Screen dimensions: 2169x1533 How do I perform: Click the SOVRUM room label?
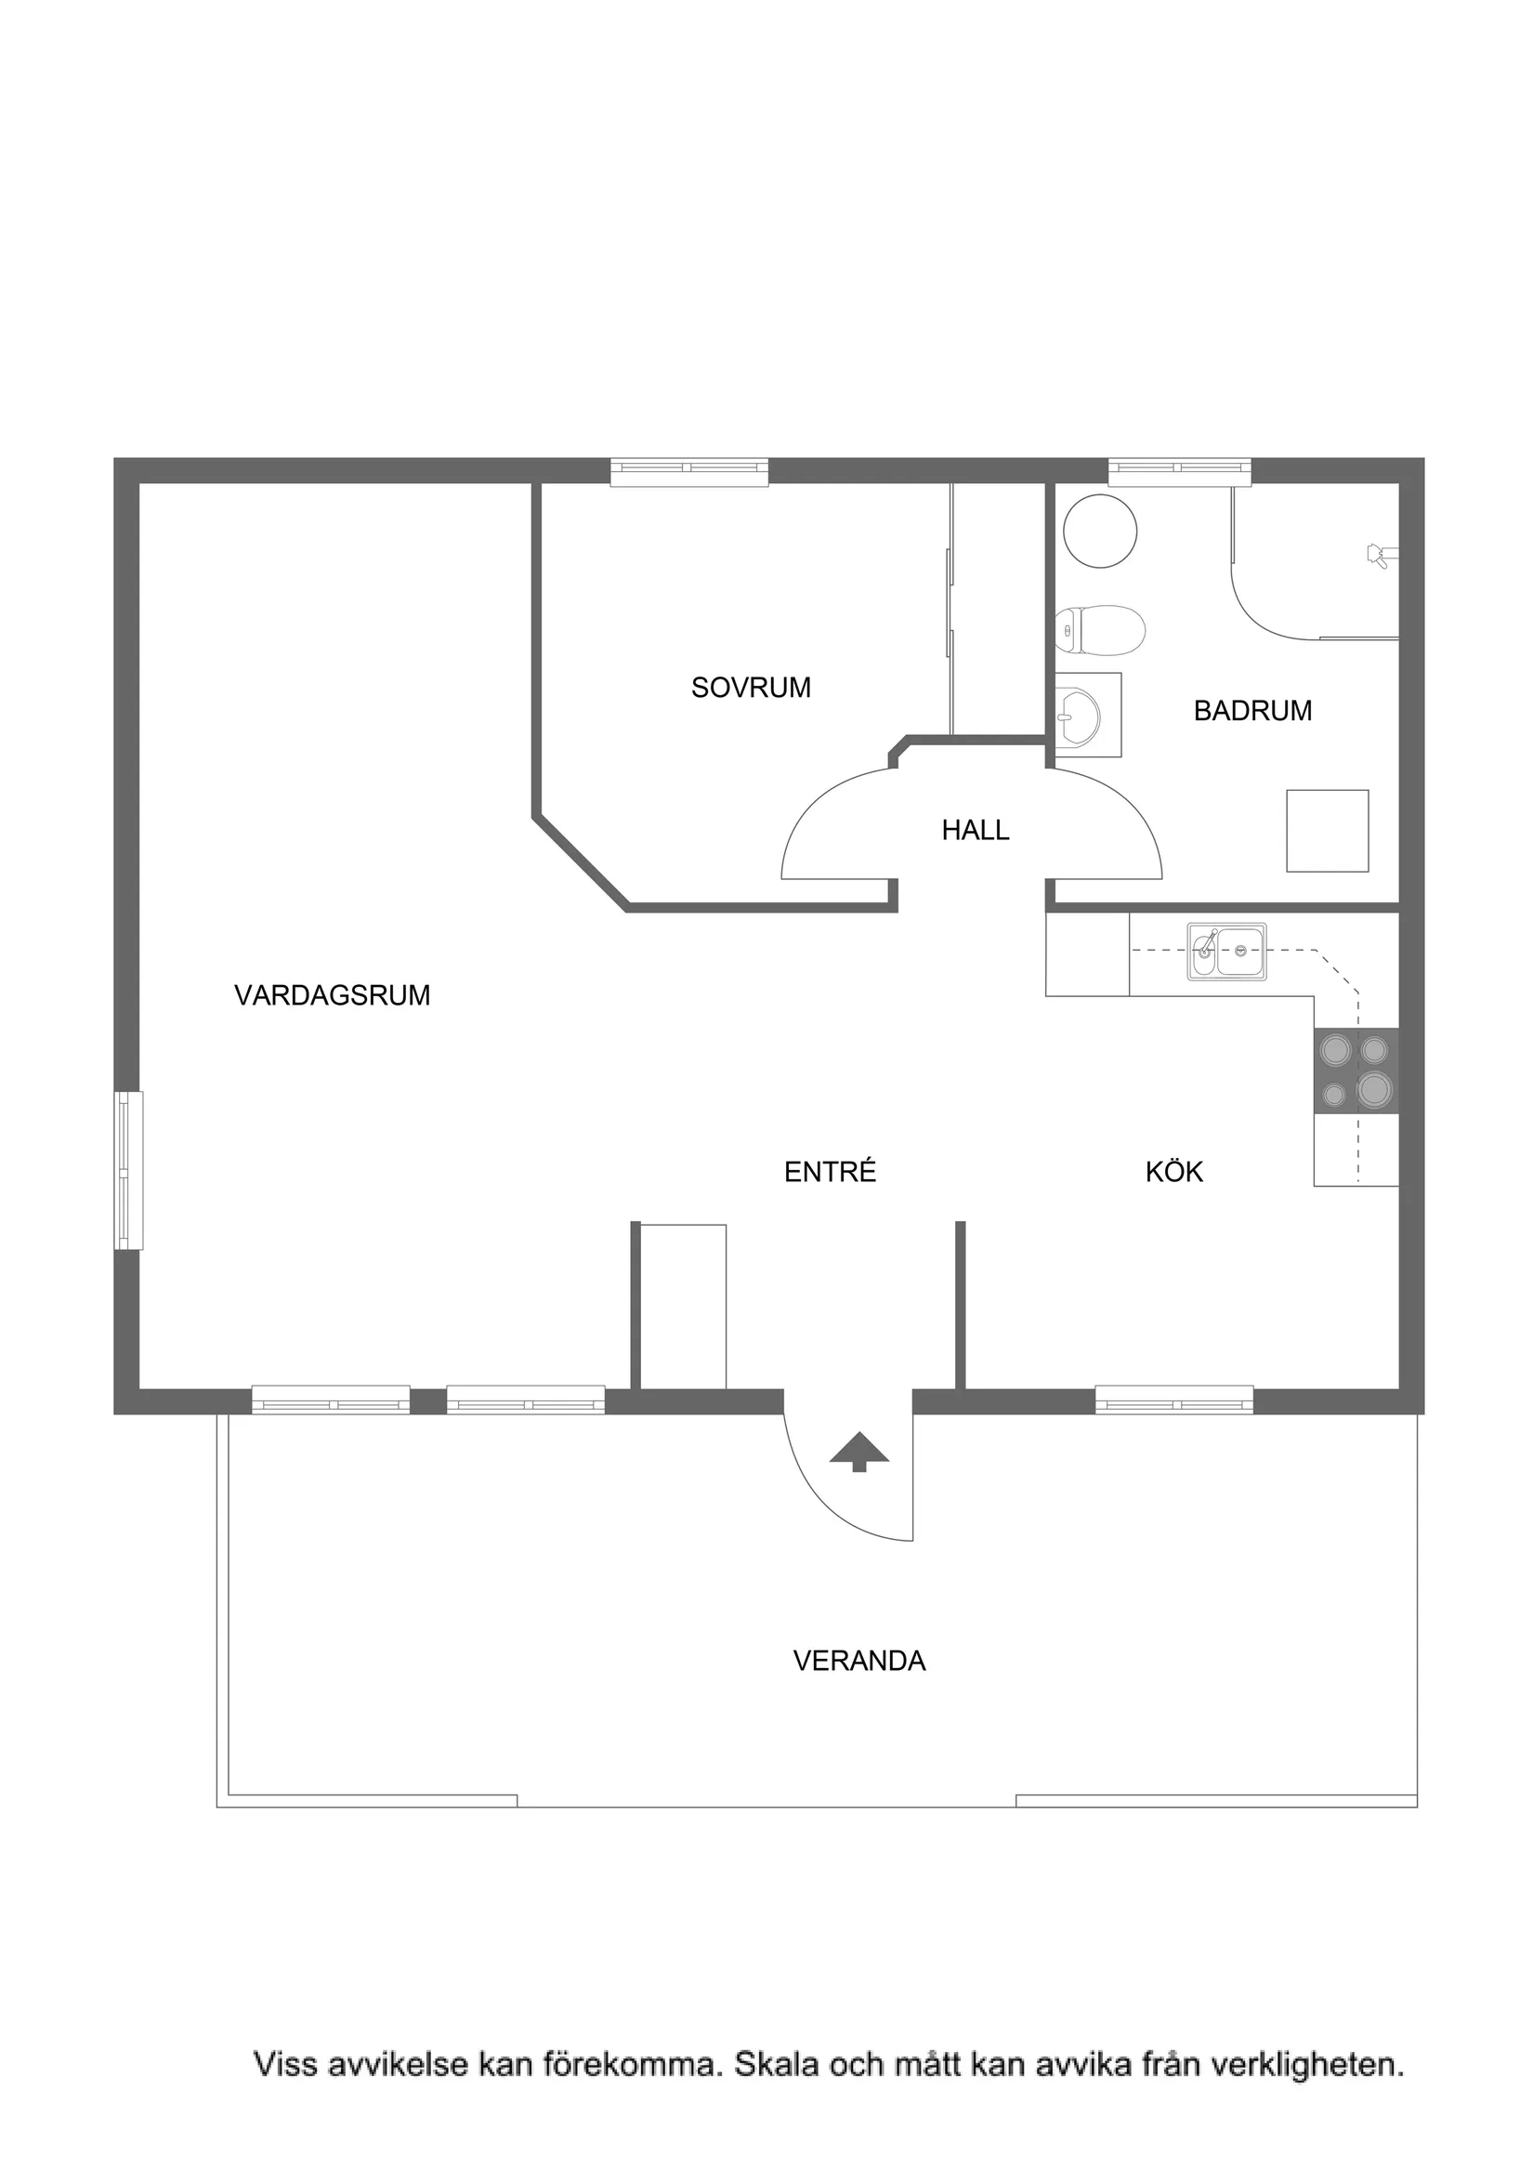[x=750, y=688]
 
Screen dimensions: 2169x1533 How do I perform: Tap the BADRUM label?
[x=1252, y=710]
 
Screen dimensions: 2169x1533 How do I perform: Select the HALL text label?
[x=975, y=831]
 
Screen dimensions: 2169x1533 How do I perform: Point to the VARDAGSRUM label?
[x=332, y=994]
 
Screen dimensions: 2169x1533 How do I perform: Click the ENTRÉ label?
[x=830, y=1172]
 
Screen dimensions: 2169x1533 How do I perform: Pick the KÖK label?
[x=1173, y=1172]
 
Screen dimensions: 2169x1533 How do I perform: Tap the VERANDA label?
[x=858, y=1661]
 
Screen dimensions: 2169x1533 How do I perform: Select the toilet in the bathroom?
[x=1100, y=630]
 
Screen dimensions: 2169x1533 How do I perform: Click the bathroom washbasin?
[x=1079, y=716]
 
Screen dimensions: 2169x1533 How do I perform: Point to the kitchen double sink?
[x=1226, y=952]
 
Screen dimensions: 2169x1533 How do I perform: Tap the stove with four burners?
[x=1356, y=1071]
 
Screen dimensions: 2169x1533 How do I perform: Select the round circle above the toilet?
[x=1099, y=531]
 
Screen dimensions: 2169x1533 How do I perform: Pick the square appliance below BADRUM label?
[x=1326, y=831]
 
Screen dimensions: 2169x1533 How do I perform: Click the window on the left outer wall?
[x=128, y=1171]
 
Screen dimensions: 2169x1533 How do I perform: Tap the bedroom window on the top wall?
[x=688, y=471]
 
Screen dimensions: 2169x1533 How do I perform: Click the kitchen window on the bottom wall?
[x=1173, y=1400]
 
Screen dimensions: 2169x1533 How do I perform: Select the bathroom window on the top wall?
[x=1179, y=471]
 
